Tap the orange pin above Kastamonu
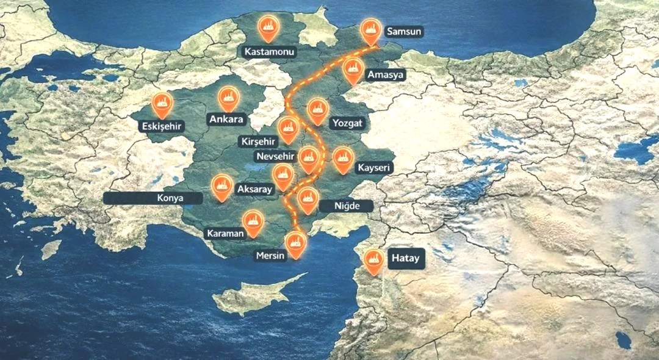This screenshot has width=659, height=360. (x=267, y=27)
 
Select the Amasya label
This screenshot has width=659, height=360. (x=386, y=74)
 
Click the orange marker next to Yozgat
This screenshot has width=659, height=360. (x=317, y=110)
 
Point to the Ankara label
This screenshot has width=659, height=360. (x=226, y=119)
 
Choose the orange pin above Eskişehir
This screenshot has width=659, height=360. (x=162, y=104)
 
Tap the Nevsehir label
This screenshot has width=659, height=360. (x=276, y=156)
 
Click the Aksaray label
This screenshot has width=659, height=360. (x=254, y=189)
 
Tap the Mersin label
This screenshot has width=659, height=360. (x=270, y=256)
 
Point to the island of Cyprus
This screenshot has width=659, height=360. (x=256, y=297)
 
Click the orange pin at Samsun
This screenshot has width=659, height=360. (x=369, y=29)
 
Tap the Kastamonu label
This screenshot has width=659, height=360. (x=269, y=52)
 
